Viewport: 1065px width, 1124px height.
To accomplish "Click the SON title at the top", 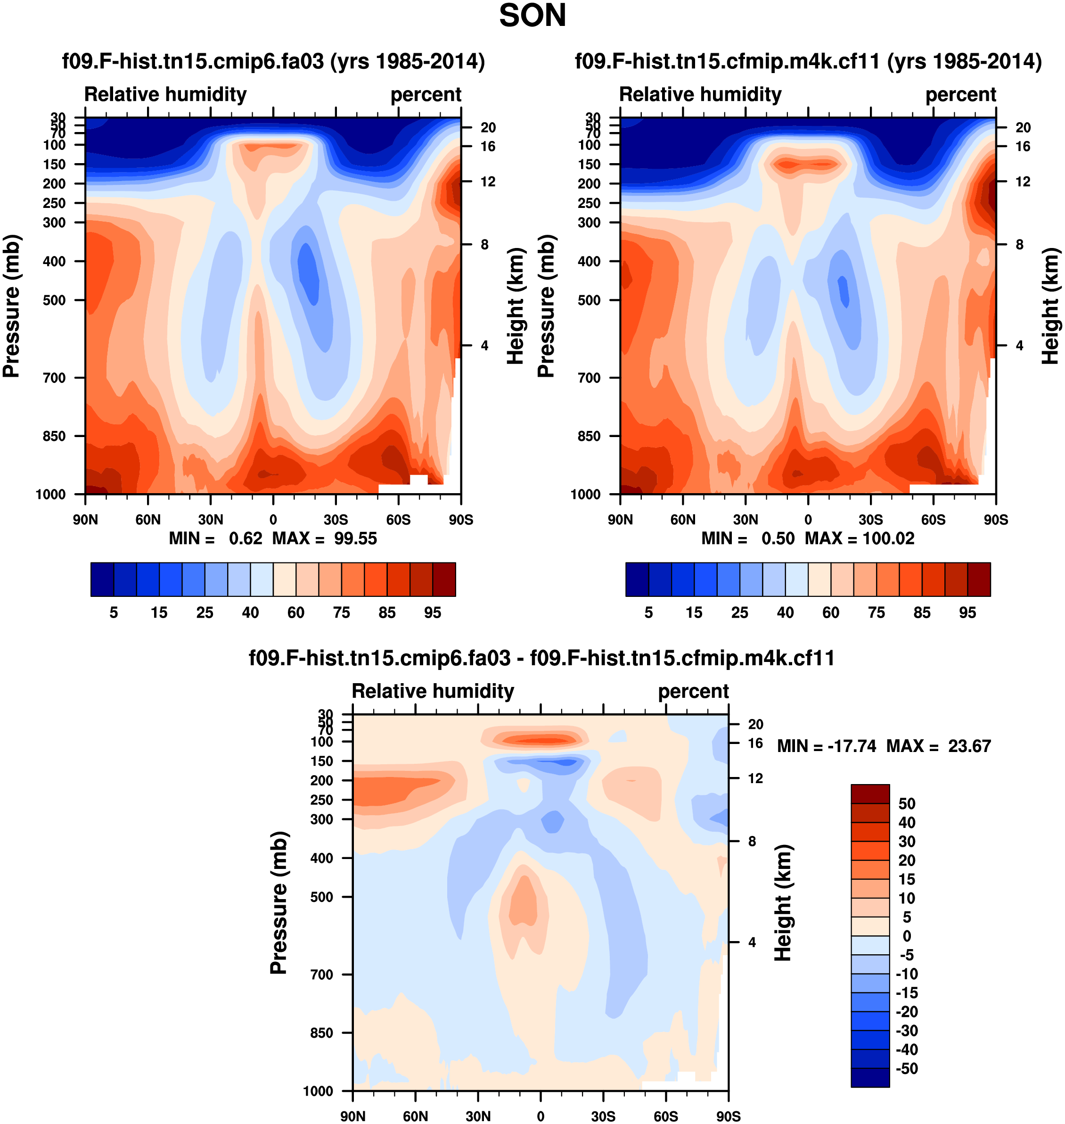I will (532, 16).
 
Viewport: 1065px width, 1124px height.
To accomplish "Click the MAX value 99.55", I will (355, 538).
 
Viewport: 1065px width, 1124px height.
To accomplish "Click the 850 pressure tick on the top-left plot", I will (55, 436).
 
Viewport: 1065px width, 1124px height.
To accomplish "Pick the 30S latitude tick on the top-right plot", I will (871, 519).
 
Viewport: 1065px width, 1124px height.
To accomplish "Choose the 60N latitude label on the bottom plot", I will (416, 1116).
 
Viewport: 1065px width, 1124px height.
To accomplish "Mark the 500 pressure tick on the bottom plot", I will (322, 897).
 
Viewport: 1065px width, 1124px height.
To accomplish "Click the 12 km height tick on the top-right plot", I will (1023, 182).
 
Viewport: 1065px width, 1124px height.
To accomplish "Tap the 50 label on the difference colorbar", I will (907, 804).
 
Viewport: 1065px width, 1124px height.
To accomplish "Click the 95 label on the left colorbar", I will (433, 612).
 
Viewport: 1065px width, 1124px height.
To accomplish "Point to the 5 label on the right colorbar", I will (648, 612).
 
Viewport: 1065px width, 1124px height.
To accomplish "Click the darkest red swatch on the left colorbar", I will (444, 579).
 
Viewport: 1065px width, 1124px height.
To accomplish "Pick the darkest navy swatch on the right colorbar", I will (637, 579).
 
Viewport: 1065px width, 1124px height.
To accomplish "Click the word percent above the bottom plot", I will (693, 691).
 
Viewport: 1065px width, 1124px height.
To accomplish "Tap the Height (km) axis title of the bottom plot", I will (783, 902).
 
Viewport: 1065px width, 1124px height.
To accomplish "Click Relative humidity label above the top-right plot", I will (700, 94).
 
